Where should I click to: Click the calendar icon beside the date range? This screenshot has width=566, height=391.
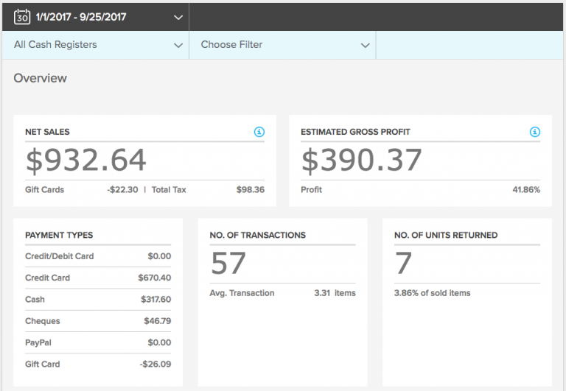[22, 15]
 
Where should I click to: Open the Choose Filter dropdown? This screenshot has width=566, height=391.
[283, 45]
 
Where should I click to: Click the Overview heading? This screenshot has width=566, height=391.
[40, 78]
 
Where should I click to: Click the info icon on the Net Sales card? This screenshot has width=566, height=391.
[259, 132]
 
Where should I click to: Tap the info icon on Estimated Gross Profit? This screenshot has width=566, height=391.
[534, 132]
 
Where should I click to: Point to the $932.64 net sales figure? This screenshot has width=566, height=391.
[86, 161]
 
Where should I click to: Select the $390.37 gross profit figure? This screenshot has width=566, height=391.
[361, 161]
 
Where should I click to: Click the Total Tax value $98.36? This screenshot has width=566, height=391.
[250, 190]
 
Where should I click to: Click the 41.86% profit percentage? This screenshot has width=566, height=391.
[525, 190]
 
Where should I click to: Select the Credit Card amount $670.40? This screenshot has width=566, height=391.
[154, 278]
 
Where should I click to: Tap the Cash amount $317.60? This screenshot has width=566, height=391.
[156, 300]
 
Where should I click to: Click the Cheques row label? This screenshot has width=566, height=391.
[43, 321]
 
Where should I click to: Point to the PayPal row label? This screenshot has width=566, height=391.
[39, 342]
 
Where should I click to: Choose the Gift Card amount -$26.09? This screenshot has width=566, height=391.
[155, 364]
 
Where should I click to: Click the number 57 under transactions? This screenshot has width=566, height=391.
[228, 263]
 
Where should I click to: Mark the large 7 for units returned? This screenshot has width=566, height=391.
[403, 263]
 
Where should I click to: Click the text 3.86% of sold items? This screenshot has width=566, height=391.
[432, 293]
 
